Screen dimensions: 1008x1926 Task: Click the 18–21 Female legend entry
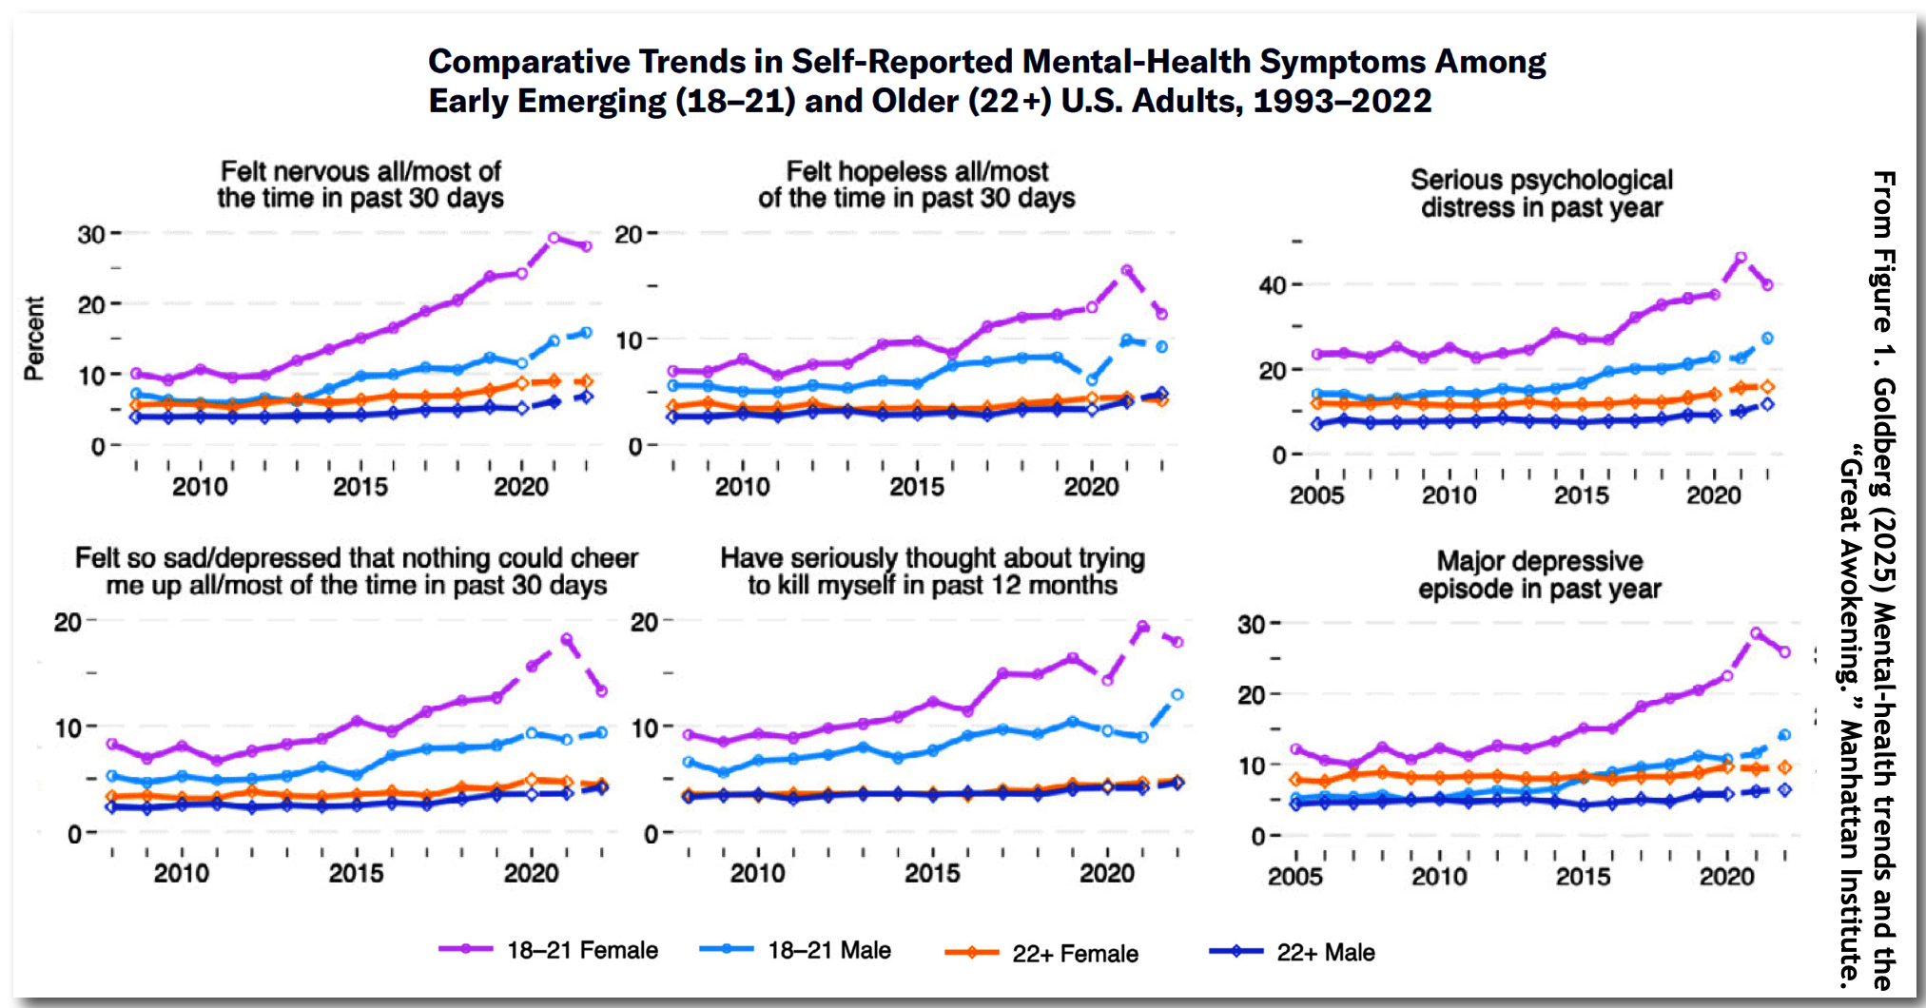point(581,950)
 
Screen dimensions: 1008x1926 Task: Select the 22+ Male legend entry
point(1325,952)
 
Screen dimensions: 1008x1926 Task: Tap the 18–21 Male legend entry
point(828,950)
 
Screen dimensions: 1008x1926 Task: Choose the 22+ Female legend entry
point(1074,953)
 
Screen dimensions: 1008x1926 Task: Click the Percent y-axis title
point(34,339)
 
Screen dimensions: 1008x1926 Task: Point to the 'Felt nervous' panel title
point(360,184)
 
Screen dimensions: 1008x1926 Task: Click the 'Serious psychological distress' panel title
point(1541,193)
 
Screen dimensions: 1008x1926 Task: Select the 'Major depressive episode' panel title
point(1539,574)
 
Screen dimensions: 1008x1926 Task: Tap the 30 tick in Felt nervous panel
point(91,234)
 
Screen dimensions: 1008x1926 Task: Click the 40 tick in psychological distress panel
point(1273,285)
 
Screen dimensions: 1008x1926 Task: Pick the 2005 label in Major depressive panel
point(1294,877)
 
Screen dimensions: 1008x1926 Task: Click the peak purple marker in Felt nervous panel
point(554,238)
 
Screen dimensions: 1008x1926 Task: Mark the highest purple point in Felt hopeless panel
point(1127,270)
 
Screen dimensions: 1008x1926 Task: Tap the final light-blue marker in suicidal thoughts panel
point(1177,695)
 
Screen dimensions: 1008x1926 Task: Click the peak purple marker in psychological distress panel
point(1741,258)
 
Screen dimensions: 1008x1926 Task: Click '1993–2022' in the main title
point(1342,101)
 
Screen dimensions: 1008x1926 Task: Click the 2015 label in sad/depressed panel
point(356,873)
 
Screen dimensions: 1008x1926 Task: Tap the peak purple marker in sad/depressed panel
point(567,640)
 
